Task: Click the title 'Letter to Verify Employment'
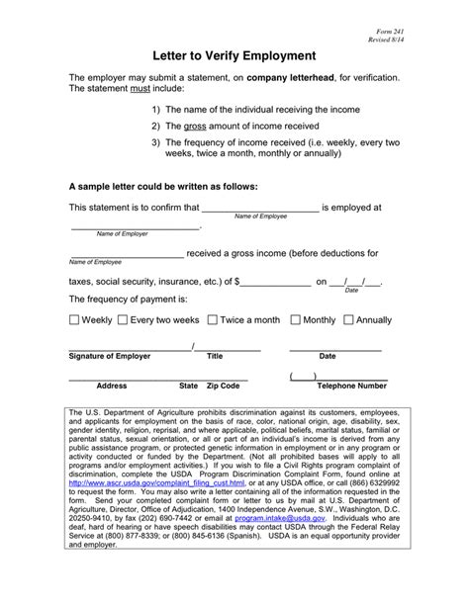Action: (x=234, y=56)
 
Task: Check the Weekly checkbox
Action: (x=74, y=320)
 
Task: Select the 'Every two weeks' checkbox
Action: (x=123, y=320)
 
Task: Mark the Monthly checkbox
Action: (x=295, y=320)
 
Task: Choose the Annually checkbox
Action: (x=348, y=320)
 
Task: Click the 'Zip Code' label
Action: (x=223, y=386)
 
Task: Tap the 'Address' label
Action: (x=111, y=386)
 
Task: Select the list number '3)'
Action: (x=156, y=144)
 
